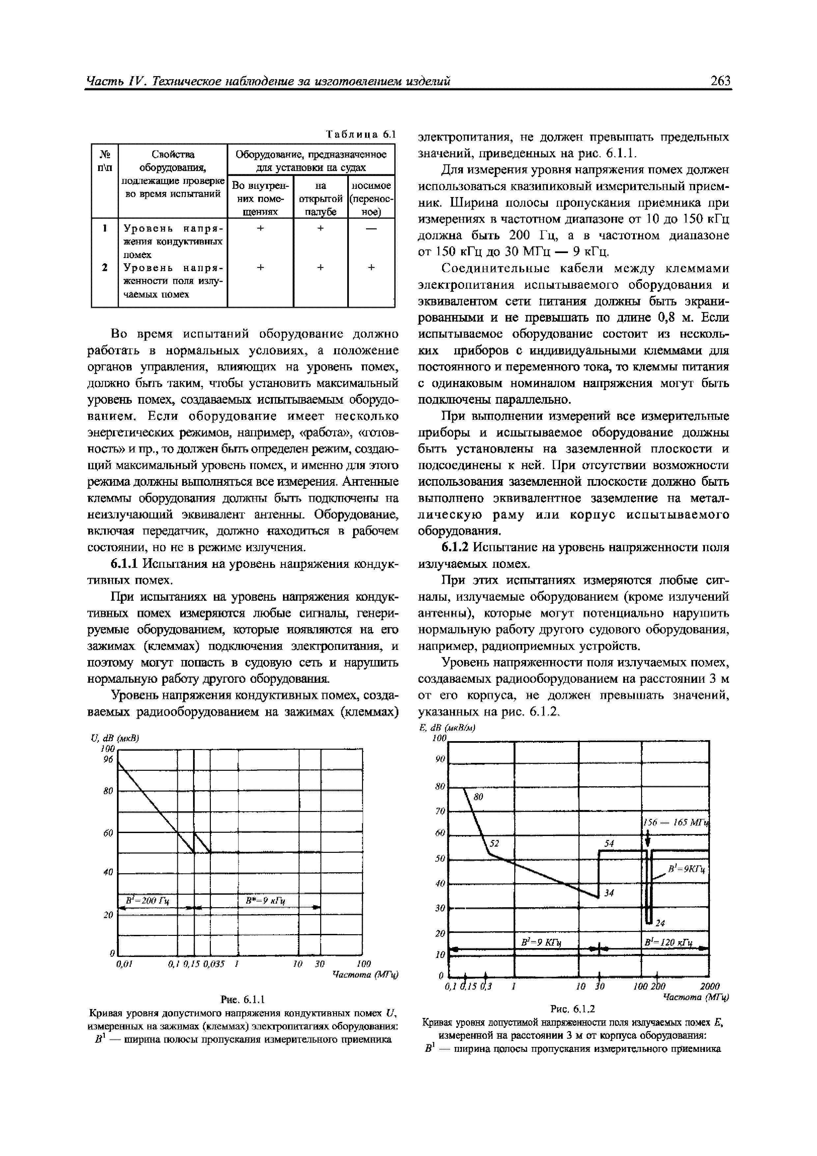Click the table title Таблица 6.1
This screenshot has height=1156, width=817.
(x=361, y=134)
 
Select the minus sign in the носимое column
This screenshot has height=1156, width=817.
(x=371, y=228)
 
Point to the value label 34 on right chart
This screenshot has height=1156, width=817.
(x=609, y=893)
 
